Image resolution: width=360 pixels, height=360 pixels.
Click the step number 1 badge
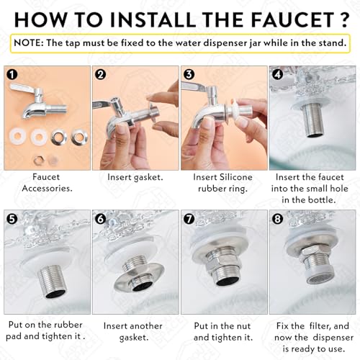point(12,75)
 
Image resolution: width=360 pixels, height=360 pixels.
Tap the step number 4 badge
point(278,75)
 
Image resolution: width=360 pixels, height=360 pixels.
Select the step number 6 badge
point(101,219)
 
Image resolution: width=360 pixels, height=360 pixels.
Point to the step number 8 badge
point(278,219)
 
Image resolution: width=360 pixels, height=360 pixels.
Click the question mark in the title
point(343,19)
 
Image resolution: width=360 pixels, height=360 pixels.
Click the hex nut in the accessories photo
point(38,161)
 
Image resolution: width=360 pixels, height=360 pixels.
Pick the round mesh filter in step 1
point(53,161)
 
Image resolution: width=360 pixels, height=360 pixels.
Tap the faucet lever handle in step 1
point(23,88)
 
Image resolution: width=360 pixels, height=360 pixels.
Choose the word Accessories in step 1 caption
point(47,189)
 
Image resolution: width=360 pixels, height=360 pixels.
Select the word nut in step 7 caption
point(243,326)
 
